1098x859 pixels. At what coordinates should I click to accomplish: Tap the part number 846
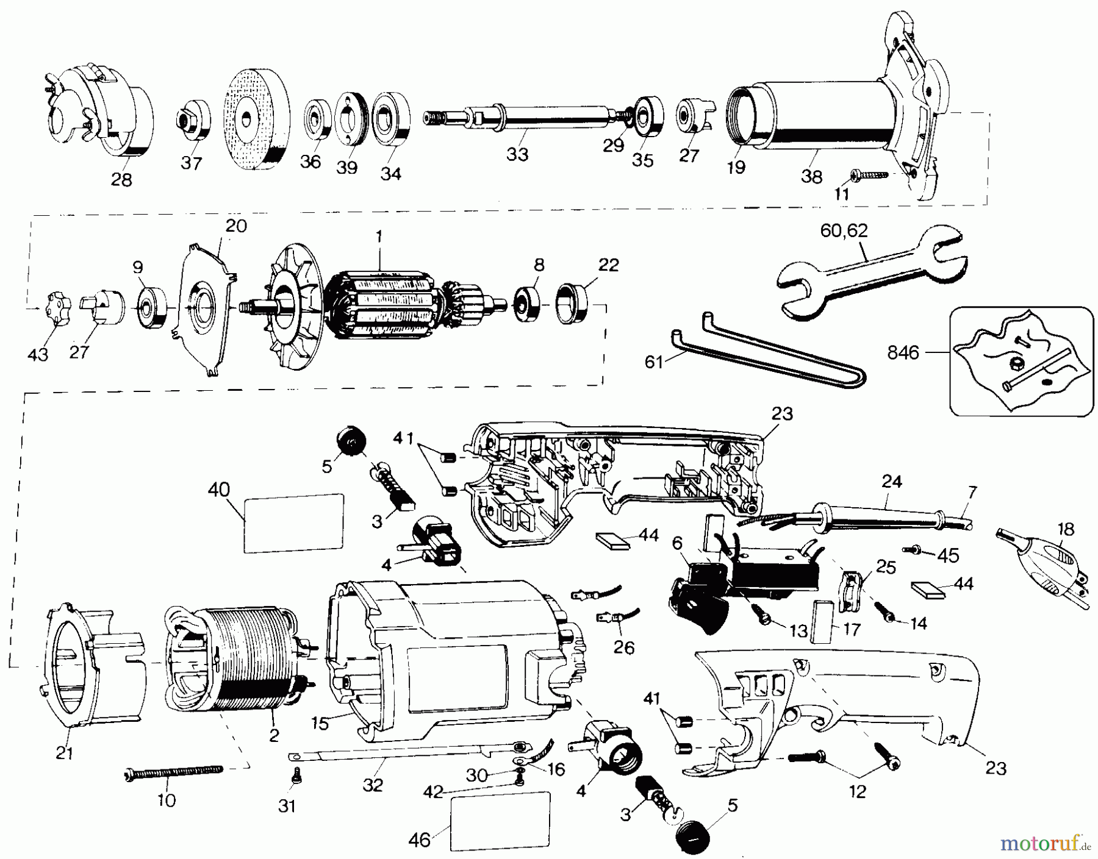tap(903, 352)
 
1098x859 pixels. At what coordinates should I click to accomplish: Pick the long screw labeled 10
tap(173, 774)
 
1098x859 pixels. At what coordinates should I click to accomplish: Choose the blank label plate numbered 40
tap(293, 523)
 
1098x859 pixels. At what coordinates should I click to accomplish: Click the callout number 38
tap(811, 177)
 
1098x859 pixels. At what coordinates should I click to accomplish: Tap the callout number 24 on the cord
tap(891, 482)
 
